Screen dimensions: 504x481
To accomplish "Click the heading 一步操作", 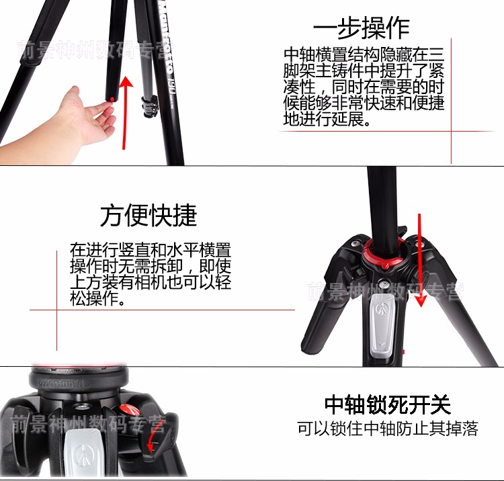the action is pos(362,28).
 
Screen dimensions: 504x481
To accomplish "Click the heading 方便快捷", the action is pos(149,215).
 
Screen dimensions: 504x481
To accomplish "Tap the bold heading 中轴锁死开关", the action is pos(387,404).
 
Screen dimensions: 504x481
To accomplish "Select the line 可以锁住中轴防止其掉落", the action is pos(388,429).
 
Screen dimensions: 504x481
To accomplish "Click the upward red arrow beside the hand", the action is pos(126,112).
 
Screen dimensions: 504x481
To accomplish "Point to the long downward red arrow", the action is pos(420,260).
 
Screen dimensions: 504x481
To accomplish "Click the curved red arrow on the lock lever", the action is pos(153,437).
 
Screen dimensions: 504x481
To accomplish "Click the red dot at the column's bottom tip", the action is pos(112,99).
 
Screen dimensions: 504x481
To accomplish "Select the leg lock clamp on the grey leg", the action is pos(149,106).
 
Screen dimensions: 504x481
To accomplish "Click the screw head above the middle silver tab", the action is pos(383,283).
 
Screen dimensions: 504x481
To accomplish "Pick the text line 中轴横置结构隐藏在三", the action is pos(364,54).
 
